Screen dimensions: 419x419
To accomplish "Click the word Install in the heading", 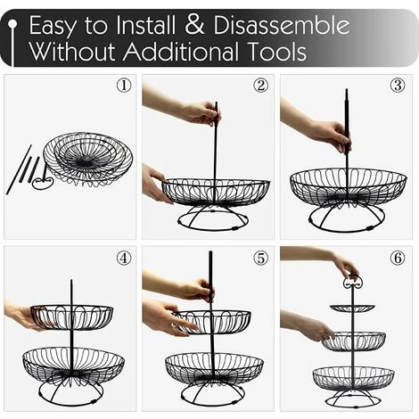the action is (145, 25).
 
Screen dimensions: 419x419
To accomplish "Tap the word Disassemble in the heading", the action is (281, 25).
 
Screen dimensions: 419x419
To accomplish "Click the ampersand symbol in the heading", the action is (194, 26).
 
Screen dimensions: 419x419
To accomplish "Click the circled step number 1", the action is (124, 86).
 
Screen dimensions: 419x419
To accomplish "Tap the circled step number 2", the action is (260, 86).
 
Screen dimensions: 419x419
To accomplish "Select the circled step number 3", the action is (398, 86).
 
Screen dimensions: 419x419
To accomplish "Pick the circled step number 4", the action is (124, 258).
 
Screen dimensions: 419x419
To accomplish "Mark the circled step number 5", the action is (260, 258).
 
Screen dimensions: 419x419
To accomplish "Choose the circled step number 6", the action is (398, 258).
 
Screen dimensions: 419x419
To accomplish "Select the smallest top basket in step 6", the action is (352, 308).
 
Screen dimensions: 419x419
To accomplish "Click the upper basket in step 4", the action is (71, 317).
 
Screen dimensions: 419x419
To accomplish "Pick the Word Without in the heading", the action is (72, 52).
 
